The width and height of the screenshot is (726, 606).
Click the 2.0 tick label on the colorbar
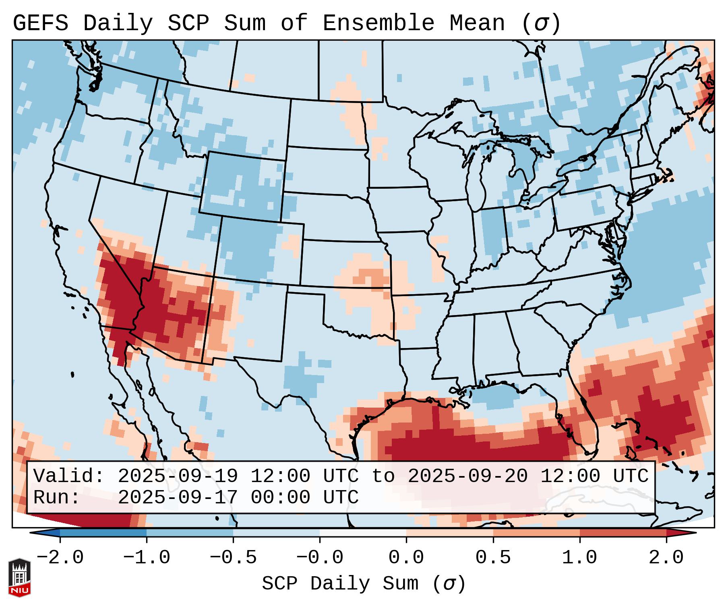click(x=666, y=558)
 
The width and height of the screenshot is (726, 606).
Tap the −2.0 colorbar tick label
click(x=60, y=558)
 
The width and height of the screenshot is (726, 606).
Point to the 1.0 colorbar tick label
click(x=579, y=558)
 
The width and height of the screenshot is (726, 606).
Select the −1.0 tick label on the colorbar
click(x=147, y=558)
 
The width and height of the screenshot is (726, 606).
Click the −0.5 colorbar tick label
click(x=233, y=558)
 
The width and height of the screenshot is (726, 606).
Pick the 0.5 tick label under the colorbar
click(x=493, y=558)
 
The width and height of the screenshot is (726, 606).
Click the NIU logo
click(x=19, y=577)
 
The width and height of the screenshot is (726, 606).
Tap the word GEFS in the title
click(x=40, y=23)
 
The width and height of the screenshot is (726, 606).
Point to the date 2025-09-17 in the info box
click(x=178, y=497)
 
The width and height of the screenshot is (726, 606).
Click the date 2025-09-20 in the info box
click(x=467, y=476)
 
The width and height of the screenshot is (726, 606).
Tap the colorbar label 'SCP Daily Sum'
click(x=340, y=583)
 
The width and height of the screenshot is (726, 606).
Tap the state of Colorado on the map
click(x=260, y=249)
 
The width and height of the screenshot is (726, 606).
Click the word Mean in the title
click(x=477, y=23)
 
